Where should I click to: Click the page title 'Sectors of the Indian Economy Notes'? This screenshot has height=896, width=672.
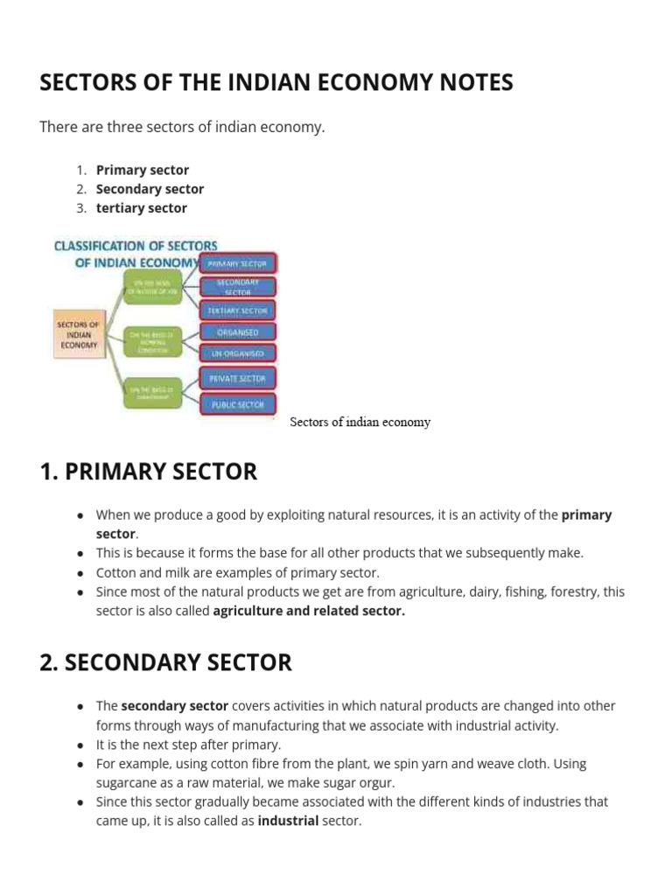point(276,83)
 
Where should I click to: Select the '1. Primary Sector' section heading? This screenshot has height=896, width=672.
point(149,472)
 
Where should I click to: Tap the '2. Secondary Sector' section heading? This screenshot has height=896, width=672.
point(166,662)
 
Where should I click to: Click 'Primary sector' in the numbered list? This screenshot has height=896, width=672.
point(143,170)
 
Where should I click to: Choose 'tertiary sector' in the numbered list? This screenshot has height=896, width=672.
point(142,208)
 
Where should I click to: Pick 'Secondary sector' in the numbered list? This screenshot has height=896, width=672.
point(150,189)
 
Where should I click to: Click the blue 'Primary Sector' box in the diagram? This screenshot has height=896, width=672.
point(238,262)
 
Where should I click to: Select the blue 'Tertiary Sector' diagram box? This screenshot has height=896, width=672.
point(238,310)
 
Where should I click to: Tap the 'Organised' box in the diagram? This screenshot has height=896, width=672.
point(238,332)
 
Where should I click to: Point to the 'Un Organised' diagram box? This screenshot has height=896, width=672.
point(238,354)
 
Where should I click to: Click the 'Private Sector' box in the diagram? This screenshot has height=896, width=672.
point(238,378)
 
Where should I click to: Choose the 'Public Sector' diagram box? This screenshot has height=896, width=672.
point(238,404)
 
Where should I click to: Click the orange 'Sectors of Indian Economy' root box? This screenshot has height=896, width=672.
point(78,334)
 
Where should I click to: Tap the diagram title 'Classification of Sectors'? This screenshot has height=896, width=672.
point(136,247)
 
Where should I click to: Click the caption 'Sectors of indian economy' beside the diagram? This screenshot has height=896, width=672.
point(360,422)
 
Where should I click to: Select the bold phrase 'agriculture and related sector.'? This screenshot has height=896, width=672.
point(309,611)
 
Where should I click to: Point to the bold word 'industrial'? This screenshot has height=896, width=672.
point(288,821)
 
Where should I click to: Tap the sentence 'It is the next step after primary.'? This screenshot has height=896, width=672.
point(188,745)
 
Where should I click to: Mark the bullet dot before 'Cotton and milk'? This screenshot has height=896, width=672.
point(80,573)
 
